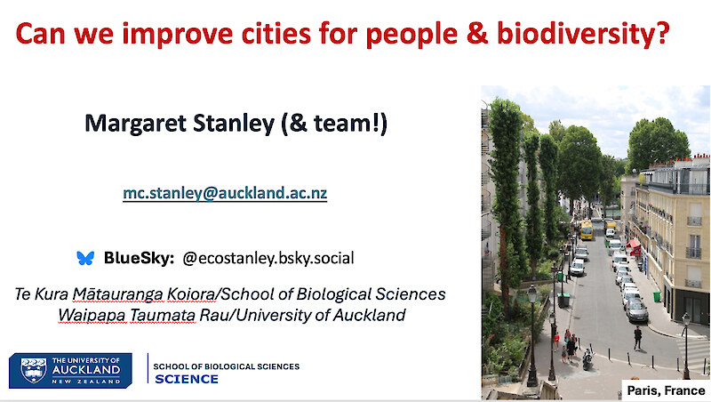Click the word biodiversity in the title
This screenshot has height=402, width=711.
583,34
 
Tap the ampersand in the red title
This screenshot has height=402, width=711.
477,33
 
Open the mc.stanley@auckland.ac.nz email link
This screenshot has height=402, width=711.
225,193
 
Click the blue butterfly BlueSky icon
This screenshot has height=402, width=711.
85,258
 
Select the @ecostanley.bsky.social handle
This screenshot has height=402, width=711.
268,258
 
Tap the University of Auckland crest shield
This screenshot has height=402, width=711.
34,370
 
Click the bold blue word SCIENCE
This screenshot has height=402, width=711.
187,379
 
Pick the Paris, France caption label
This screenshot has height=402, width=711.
666,390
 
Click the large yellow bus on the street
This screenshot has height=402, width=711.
586,230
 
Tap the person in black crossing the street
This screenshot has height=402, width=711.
637,338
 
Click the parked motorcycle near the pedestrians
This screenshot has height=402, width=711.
587,358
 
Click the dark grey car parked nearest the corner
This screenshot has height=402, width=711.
636,310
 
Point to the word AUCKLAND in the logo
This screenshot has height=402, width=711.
86,369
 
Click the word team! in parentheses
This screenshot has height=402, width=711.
347,123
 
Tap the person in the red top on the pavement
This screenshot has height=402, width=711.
556,342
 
